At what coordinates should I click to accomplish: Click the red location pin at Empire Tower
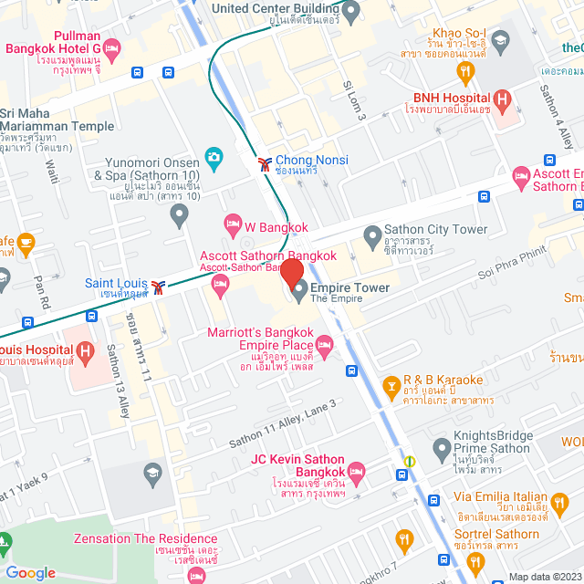point(291,273)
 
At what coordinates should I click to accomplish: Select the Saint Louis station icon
point(160,287)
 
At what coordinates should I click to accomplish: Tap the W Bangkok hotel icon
point(232,224)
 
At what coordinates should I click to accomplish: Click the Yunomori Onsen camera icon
point(213,157)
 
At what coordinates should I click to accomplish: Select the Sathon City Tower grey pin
point(372,236)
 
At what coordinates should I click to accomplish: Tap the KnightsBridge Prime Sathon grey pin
point(442,447)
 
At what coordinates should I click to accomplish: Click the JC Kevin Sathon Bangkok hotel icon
point(356,472)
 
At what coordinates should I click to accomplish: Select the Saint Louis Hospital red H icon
point(85,350)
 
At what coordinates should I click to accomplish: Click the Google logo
point(30,572)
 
